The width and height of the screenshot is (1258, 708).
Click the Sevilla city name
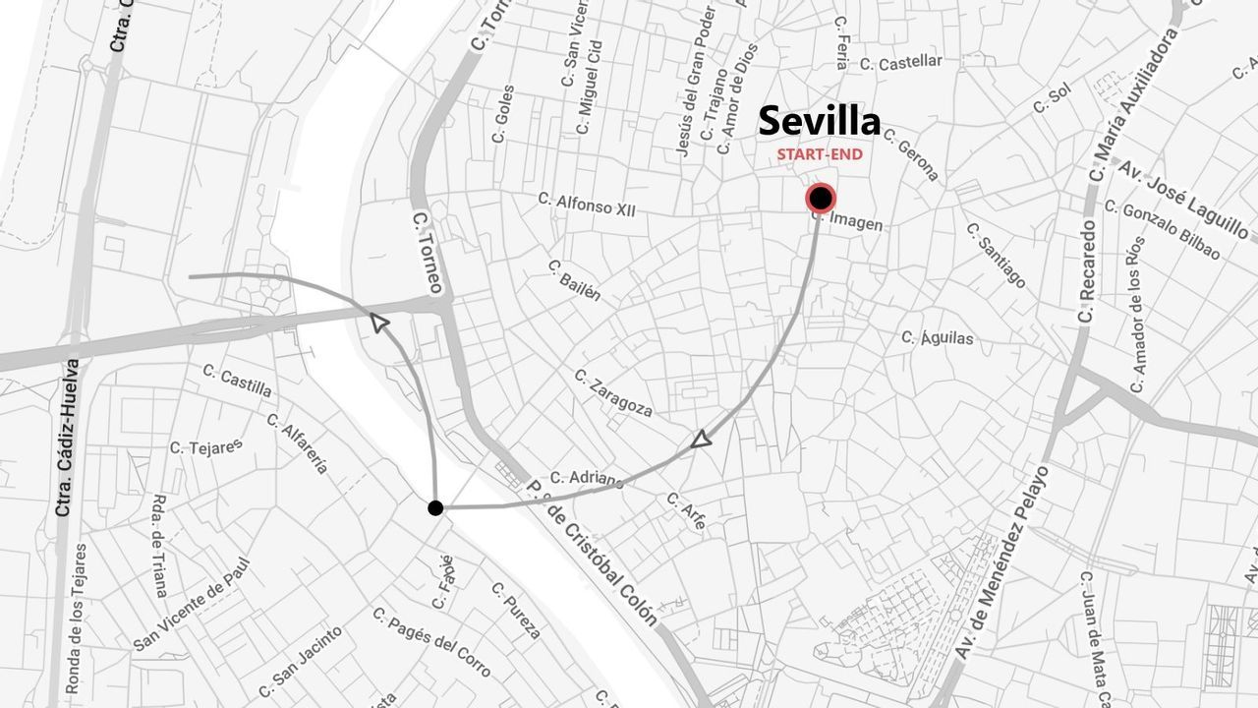[x=820, y=121]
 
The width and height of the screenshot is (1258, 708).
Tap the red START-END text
[x=820, y=154]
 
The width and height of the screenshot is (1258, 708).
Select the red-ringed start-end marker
[x=821, y=199]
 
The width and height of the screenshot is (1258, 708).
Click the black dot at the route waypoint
[x=435, y=507]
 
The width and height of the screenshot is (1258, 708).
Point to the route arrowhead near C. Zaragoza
[x=701, y=440]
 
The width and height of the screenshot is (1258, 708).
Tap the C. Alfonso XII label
[x=587, y=204]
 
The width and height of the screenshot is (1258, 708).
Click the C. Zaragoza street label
[x=613, y=392]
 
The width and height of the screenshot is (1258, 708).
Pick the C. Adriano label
[x=587, y=479]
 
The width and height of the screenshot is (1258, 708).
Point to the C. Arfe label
[x=686, y=511]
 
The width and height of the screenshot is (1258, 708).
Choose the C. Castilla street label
[x=237, y=381]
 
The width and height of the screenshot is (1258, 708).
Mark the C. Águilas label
[x=938, y=338]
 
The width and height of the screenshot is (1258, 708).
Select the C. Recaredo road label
[x=1086, y=270]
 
